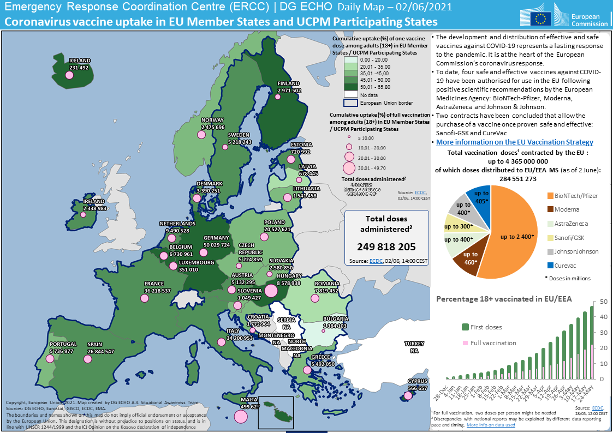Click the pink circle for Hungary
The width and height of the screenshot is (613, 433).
click(x=271, y=290)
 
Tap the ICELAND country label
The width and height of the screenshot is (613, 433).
click(x=79, y=61)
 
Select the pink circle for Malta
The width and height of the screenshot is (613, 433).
click(x=240, y=417)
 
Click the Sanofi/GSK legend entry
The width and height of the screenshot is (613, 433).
click(x=570, y=237)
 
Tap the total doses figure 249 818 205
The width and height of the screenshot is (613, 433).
click(x=386, y=246)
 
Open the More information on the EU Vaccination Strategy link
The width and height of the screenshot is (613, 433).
click(x=515, y=142)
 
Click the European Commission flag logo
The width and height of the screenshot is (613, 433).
click(x=542, y=19)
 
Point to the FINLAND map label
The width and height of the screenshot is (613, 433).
click(x=289, y=83)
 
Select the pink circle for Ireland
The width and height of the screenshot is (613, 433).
click(x=84, y=214)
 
